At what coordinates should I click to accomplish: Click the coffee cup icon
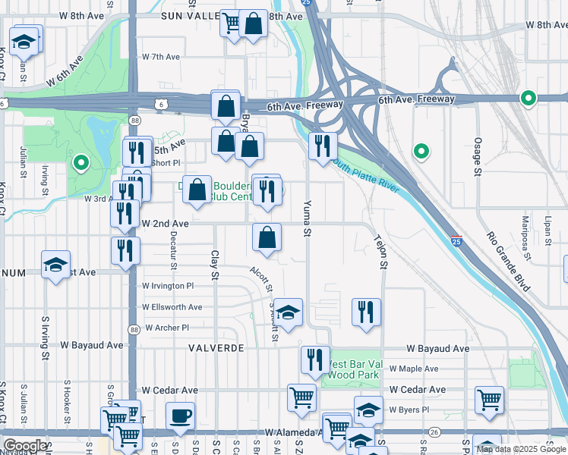[x=180, y=416]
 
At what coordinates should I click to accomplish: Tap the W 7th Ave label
[x=161, y=57]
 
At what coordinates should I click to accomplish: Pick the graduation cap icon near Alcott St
[x=288, y=312]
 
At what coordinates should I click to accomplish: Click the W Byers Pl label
[x=409, y=409]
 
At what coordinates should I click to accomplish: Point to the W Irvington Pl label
[x=168, y=286]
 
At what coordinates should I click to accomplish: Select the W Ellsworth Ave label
[x=172, y=307]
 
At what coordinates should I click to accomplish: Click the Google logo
[x=24, y=445]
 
